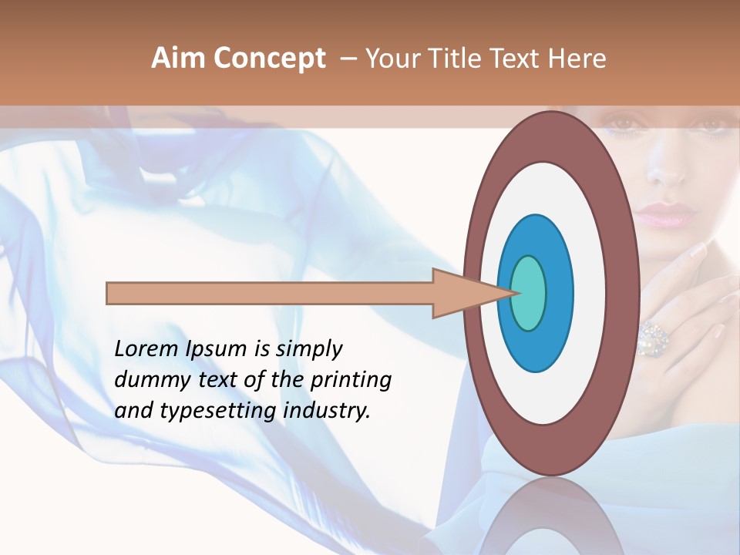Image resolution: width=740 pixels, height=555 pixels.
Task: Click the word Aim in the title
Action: click(178, 59)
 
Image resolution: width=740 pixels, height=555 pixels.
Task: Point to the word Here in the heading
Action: click(577, 59)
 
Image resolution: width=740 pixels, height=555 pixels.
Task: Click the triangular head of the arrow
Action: click(462, 293)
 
